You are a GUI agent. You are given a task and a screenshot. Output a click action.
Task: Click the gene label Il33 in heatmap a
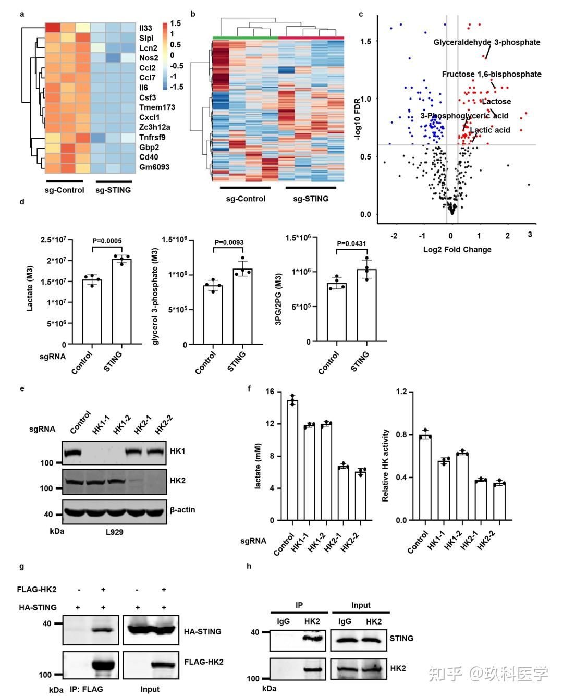(145, 28)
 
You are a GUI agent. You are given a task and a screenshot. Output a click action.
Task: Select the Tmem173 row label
(157, 107)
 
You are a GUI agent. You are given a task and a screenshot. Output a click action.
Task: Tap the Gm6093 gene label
(154, 167)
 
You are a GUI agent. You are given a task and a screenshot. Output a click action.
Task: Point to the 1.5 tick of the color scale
(176, 23)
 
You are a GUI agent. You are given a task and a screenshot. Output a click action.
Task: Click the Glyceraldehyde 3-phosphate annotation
(486, 42)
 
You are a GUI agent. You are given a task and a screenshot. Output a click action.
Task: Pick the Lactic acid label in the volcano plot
(489, 130)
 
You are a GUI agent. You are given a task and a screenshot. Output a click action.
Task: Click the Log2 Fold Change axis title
(457, 249)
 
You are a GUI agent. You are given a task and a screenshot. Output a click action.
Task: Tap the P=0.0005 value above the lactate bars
(107, 241)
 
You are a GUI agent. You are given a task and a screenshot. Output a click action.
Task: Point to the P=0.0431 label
(352, 243)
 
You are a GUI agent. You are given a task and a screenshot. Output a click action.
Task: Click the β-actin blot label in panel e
(182, 509)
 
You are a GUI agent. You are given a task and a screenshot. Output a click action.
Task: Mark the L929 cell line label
(114, 532)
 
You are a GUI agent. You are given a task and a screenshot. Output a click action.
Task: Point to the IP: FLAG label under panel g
(87, 689)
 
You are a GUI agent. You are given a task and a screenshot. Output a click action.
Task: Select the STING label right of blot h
(401, 638)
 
